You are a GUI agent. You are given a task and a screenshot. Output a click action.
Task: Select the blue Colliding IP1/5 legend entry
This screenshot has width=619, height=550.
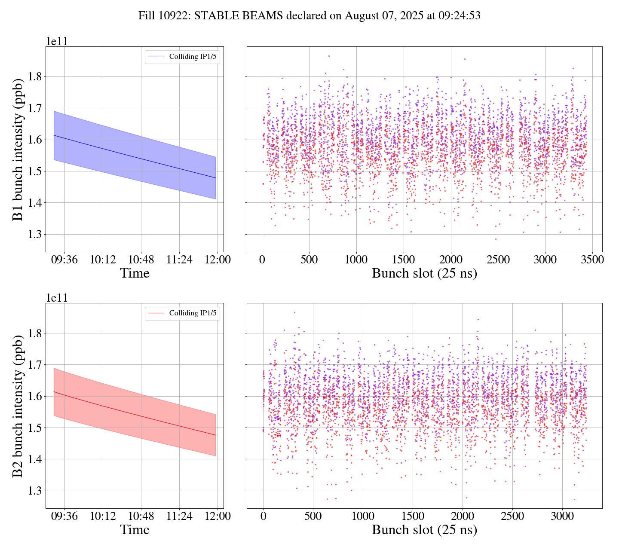(183, 56)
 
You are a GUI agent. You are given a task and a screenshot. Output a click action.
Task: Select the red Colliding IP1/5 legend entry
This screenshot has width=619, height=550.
(183, 313)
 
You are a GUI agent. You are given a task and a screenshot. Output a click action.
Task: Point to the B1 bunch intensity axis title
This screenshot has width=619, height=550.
(18, 149)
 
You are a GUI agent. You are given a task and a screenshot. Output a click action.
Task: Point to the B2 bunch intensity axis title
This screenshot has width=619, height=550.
(18, 406)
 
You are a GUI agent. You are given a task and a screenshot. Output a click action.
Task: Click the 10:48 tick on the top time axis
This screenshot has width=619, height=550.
(141, 260)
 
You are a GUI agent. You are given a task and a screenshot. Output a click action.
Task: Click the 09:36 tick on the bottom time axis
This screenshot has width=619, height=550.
(64, 516)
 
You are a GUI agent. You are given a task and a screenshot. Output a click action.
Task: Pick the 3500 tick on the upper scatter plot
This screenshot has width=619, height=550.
(592, 260)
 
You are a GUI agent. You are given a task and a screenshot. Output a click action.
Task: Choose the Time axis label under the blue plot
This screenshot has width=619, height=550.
(135, 273)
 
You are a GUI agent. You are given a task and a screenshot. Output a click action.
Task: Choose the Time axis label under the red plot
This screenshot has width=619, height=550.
(135, 530)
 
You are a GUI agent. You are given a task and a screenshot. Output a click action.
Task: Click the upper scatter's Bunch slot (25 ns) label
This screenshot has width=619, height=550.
(424, 273)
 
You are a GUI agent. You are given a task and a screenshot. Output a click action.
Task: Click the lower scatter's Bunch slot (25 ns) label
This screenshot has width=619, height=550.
(424, 530)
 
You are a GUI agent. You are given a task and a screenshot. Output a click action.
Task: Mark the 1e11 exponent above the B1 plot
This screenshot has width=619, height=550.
(57, 42)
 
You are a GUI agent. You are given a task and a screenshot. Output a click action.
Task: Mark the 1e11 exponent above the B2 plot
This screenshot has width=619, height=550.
(57, 298)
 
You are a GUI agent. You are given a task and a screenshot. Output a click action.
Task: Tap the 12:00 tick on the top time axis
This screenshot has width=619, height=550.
(218, 260)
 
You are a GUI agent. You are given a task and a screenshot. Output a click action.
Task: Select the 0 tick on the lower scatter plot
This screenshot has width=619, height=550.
(263, 516)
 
